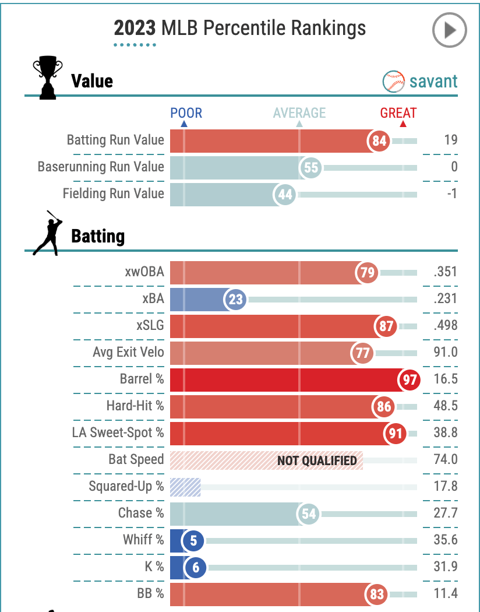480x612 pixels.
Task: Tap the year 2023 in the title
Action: pos(135,28)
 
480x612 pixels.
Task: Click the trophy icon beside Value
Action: pos(47,76)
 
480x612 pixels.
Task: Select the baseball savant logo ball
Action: pos(394,82)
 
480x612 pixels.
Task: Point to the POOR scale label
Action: pos(186,113)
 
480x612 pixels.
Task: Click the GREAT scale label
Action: pos(398,113)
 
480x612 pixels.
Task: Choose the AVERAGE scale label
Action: pos(299,113)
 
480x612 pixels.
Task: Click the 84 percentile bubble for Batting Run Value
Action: pos(379,141)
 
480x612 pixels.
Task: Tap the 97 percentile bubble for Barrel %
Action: pos(410,380)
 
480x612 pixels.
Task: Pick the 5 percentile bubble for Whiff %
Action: pos(193,541)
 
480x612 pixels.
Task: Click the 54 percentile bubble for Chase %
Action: pos(309,514)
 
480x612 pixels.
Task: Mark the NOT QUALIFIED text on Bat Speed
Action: pos(317,461)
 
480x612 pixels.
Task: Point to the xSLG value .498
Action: pos(445,326)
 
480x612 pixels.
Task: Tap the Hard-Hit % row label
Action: pos(135,406)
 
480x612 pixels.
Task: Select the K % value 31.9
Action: pos(446,567)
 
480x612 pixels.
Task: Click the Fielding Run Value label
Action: pos(114,194)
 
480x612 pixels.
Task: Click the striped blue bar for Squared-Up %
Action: pos(185,487)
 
